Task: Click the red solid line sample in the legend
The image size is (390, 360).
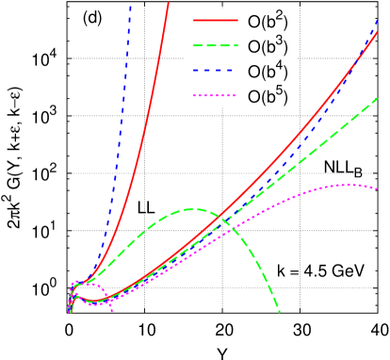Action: tap(216, 20)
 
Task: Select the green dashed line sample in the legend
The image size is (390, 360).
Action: tap(216, 45)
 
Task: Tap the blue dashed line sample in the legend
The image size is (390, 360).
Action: tap(216, 71)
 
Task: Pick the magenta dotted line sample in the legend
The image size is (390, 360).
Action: tap(216, 96)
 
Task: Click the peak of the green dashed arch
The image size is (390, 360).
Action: tap(194, 208)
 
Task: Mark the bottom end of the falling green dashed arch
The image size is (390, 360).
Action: tap(280, 311)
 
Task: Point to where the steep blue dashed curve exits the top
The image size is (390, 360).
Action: tap(130, 5)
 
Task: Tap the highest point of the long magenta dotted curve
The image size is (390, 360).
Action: tap(349, 185)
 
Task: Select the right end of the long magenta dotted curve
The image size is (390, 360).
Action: tap(378, 188)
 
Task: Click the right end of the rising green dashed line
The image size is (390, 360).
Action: tap(378, 98)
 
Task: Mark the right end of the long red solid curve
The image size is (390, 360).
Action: tap(378, 33)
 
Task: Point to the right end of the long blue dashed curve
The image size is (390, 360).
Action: tap(378, 25)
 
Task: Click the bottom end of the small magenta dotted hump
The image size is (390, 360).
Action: tap(112, 310)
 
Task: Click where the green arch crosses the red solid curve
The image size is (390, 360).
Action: tap(222, 219)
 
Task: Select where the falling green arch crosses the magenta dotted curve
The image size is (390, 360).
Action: tap(233, 230)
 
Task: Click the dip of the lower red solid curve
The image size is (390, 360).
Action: tap(92, 302)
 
